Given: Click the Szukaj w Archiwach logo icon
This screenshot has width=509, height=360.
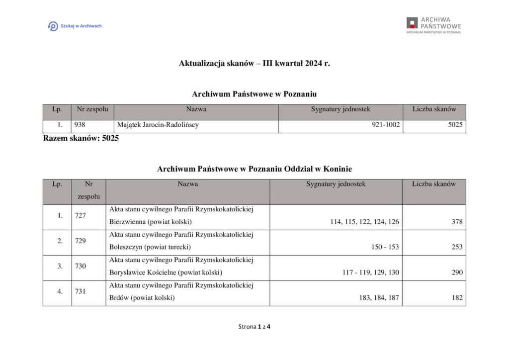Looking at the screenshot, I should (52, 26).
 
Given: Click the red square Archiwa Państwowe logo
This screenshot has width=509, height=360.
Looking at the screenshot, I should (412, 23).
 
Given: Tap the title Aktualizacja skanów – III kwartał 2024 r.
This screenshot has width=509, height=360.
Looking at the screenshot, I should (254, 64).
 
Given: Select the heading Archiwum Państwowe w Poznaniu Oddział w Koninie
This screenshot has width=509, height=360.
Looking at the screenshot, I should (254, 169).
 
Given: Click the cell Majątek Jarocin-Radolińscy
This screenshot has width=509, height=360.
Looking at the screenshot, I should (157, 125).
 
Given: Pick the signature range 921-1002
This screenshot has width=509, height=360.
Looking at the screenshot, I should (385, 125).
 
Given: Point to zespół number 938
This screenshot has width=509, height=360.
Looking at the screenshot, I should (80, 125).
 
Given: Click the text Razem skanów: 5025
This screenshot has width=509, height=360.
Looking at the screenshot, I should (81, 138).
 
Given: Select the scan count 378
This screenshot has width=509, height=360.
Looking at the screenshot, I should (457, 222).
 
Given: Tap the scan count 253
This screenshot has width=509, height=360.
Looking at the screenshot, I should (457, 247).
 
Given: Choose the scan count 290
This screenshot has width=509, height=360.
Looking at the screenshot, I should (457, 272).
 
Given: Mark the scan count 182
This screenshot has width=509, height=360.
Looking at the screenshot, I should (457, 298).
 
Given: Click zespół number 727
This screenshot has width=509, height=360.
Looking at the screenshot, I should (81, 216).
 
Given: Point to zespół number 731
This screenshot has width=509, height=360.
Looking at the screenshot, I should (81, 292).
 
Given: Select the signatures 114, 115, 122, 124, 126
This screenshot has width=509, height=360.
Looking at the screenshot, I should (364, 222).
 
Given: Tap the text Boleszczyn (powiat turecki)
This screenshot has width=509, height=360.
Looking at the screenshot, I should (150, 247).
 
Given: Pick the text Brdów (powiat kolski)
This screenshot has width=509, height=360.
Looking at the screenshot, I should (142, 298).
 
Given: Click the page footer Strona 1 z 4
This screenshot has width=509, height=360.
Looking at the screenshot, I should (254, 327).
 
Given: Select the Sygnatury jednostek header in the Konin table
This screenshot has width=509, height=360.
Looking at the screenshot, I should (336, 184).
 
